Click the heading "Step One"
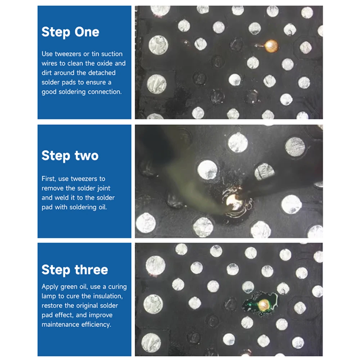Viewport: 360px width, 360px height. point(70,32)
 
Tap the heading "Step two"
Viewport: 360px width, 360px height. point(70,156)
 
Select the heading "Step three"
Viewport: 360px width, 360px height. point(75,270)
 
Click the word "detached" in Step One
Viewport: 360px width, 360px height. point(102,73)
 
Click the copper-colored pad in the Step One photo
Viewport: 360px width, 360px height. point(271,46)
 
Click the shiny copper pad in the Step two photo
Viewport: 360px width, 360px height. point(234,202)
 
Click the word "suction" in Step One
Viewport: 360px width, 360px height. point(112,54)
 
